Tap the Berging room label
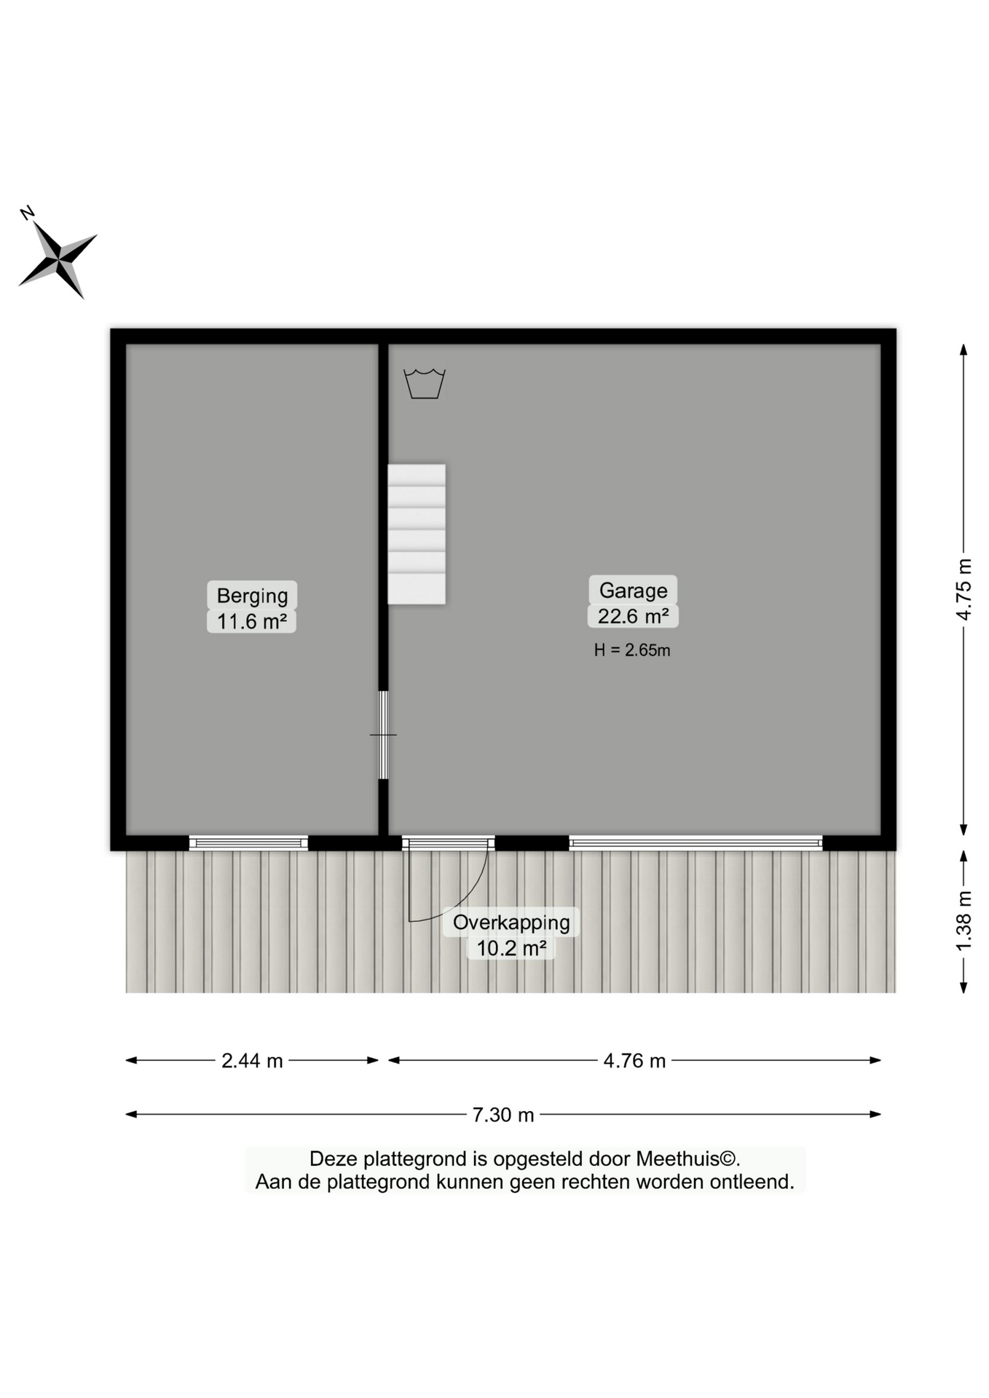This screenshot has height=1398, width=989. point(252,596)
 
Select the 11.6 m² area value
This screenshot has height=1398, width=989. point(252,621)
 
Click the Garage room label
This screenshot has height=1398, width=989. point(633,590)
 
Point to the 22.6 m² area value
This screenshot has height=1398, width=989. point(633,616)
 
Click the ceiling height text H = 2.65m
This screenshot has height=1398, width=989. point(631,650)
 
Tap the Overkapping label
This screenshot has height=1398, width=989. point(511,923)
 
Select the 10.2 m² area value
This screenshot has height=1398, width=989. point(511,948)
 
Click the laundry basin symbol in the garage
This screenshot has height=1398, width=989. point(425,384)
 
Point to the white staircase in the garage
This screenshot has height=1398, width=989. point(417,534)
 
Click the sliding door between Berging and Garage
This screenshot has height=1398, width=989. point(383,735)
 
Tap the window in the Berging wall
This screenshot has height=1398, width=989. point(248,843)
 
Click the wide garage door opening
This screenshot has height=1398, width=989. point(696,843)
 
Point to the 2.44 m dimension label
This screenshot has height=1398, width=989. point(252,1061)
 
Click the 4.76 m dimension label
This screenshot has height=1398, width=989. point(634,1061)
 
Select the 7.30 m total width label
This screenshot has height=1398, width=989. point(503,1115)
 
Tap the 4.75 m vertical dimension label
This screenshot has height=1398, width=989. point(964,589)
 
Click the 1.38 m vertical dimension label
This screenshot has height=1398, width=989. point(964,920)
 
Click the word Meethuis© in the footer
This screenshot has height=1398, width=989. point(688,1158)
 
